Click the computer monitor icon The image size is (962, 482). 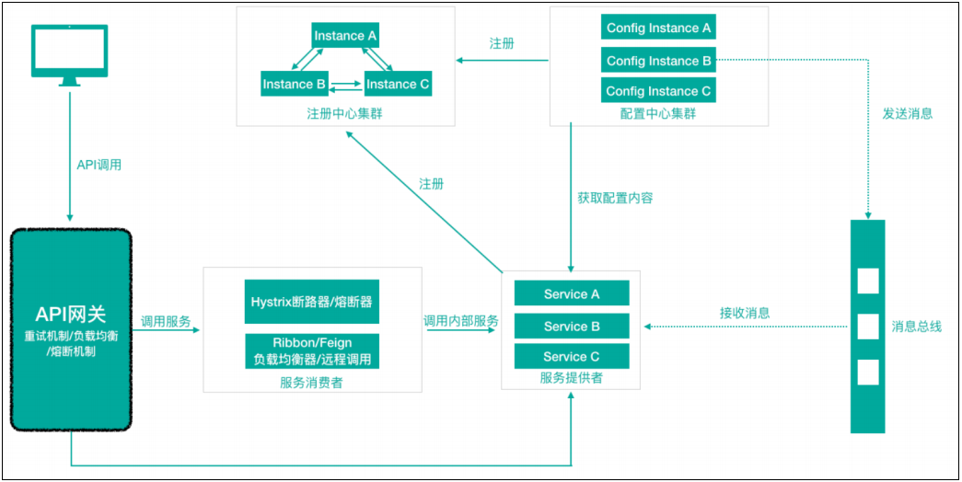point(69,53)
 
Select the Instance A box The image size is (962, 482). point(345,36)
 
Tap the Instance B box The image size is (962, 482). point(295,84)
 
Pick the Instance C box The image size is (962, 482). point(398,84)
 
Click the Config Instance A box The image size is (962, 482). point(658,28)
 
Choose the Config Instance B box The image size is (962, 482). point(658,61)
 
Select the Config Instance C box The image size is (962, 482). point(658,91)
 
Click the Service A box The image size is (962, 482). point(572,293)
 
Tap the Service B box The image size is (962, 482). point(572,326)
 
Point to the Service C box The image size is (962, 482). point(572,356)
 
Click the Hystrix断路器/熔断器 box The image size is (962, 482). point(311,301)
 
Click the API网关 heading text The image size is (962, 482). point(70,314)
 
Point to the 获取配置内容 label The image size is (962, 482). point(615,197)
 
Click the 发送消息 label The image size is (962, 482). point(907,113)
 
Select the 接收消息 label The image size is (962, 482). point(745,313)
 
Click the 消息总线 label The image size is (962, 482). point(916,326)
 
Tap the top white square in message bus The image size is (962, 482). point(867,281)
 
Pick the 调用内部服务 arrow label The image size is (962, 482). point(461,321)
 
